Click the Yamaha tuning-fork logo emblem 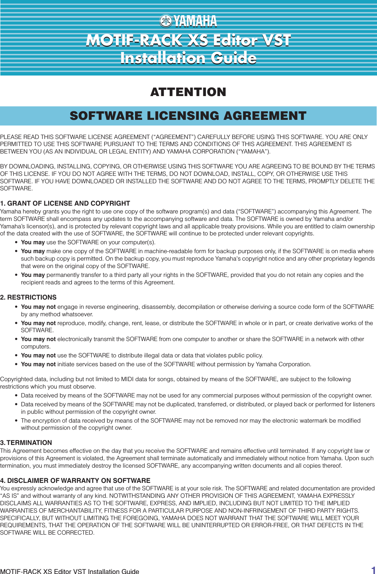click(165, 21)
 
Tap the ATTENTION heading click(188, 92)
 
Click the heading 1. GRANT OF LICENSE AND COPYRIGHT click(65, 203)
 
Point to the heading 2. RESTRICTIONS click(28, 297)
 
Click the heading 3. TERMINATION click(26, 442)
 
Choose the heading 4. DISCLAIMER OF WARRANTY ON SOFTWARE click(75, 480)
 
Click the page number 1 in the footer click(373, 569)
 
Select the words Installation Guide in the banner click(188, 58)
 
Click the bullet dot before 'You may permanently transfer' click(16, 275)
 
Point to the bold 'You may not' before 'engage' click(38, 307)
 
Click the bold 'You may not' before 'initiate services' click(38, 364)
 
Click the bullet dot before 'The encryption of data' click(16, 421)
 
